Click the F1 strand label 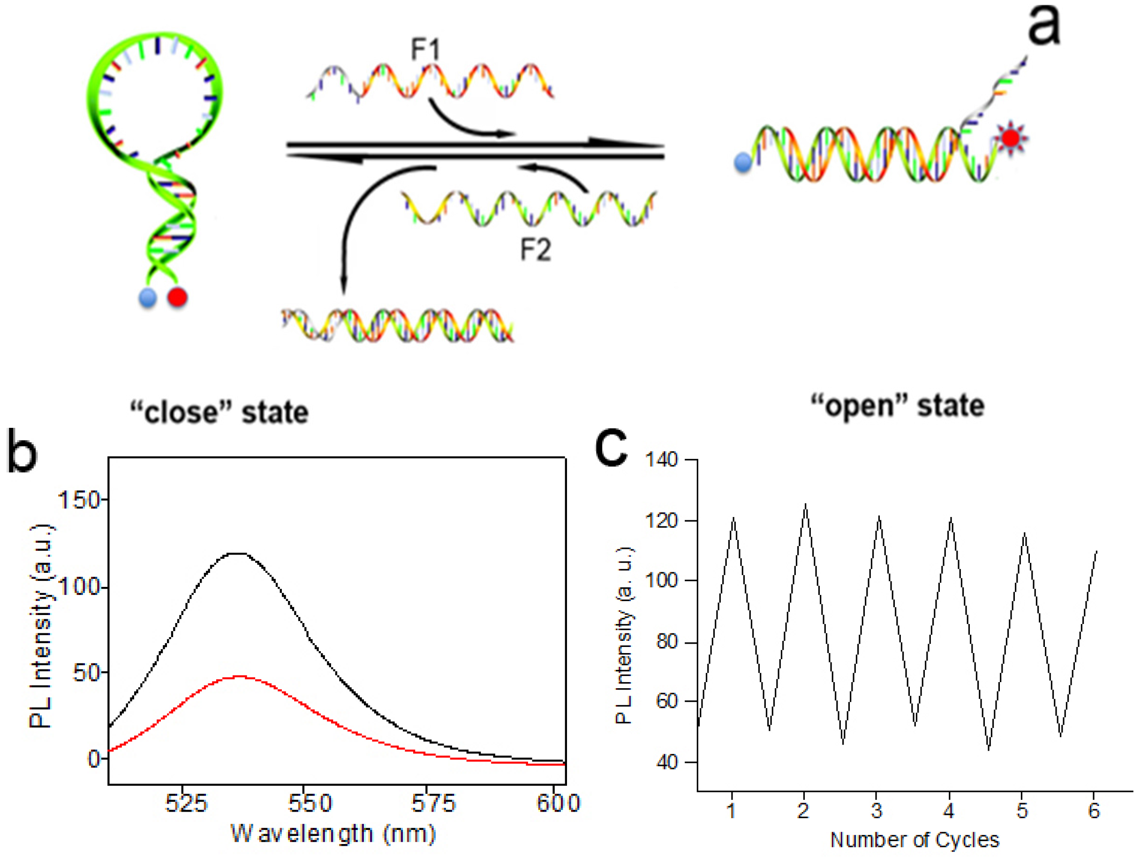point(425,50)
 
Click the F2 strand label point(536,250)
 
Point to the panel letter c point(611,446)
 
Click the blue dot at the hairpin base point(148,298)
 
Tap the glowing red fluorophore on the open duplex point(1011,138)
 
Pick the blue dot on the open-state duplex point(743,162)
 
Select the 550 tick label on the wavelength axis point(310,803)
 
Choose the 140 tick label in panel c point(661,459)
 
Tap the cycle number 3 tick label point(877,811)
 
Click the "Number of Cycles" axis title point(914,840)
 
